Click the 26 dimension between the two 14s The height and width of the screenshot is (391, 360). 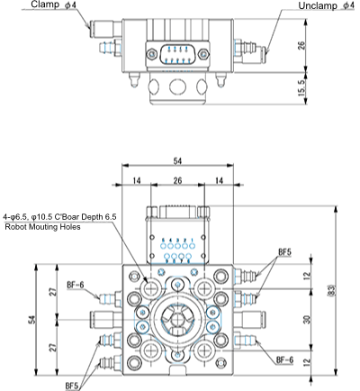[x=176, y=181]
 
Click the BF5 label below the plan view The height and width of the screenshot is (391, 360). [x=72, y=386]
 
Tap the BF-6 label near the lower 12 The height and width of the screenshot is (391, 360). [x=284, y=359]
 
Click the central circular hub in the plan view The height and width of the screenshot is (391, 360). [x=177, y=319]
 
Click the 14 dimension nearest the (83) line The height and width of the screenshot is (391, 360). [x=218, y=181]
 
